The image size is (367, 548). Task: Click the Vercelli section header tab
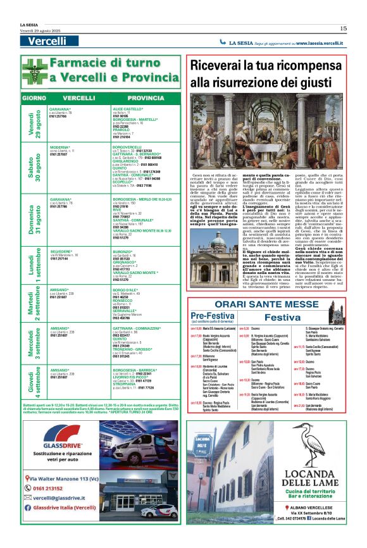(47, 41)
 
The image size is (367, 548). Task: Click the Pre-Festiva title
(213, 315)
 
